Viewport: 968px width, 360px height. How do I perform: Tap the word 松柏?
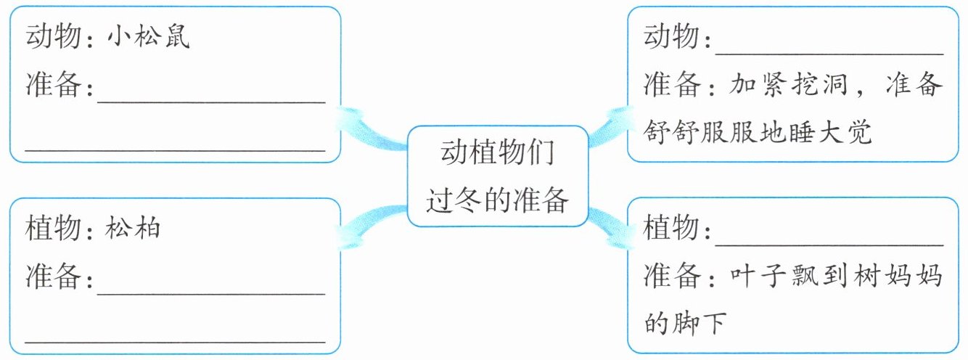pos(132,227)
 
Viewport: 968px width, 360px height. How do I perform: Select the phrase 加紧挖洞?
pos(788,84)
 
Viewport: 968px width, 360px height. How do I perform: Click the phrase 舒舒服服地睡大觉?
pos(757,132)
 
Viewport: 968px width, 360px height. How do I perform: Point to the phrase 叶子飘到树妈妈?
pos(836,275)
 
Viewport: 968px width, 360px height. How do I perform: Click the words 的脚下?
pos(685,323)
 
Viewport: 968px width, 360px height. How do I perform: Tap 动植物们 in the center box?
pos(498,152)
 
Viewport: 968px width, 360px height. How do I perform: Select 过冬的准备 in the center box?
pos(497,200)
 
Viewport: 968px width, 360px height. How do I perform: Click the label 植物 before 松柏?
pos(53,227)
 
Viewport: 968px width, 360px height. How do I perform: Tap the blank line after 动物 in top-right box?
pos(829,54)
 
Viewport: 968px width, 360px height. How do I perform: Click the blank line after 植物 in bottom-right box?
pos(829,245)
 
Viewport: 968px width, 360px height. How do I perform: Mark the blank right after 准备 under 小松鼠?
pos(211,102)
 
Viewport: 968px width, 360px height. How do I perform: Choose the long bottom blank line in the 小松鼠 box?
pos(175,150)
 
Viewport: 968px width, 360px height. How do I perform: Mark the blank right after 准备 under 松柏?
pos(211,294)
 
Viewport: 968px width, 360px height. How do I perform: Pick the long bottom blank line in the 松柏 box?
pos(175,342)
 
